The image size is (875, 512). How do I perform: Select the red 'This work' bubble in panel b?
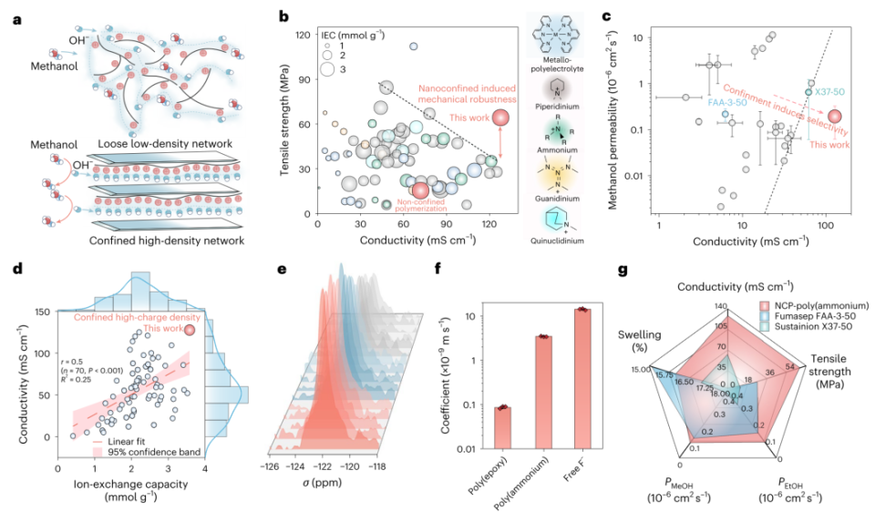pyautogui.click(x=500, y=118)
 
